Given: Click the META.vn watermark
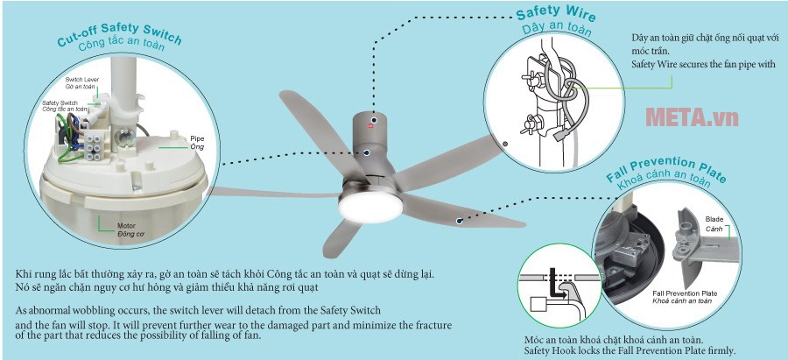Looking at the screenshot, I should [x=691, y=116].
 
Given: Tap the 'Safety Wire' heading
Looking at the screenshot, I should [x=554, y=15].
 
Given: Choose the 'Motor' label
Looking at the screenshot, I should [x=127, y=225].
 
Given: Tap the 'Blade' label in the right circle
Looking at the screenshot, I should [x=714, y=218].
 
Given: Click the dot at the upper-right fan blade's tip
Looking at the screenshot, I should [x=505, y=143].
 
